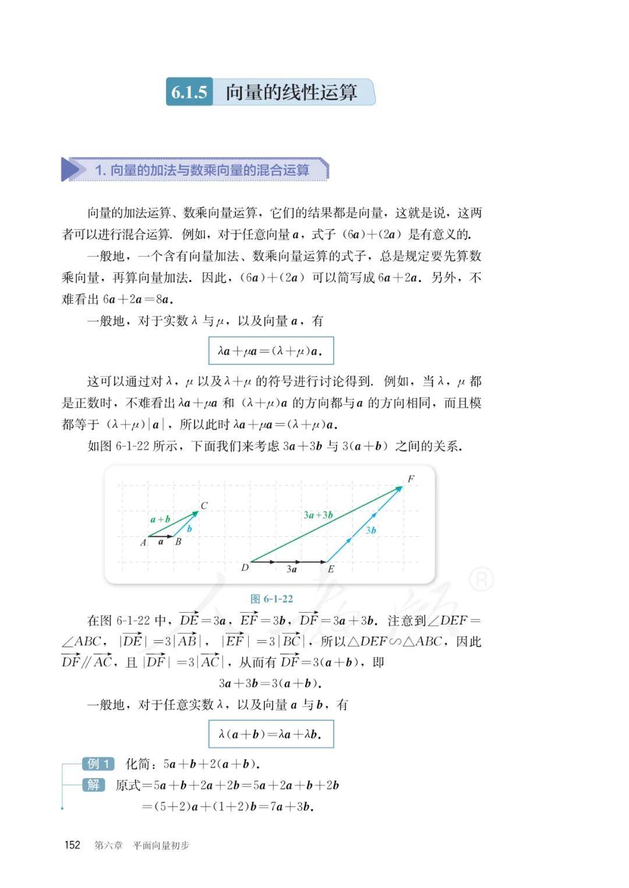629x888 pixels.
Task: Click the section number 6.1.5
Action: coord(189,92)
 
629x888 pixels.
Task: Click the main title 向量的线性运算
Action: coord(291,92)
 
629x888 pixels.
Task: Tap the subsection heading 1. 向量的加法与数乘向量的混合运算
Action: coord(202,170)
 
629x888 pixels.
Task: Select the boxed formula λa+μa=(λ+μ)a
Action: coord(271,351)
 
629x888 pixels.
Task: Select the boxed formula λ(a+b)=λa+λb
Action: coord(271,734)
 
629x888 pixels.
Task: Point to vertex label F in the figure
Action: coord(411,479)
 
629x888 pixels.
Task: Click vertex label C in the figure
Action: coord(204,506)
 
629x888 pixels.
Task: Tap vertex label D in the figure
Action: coord(245,567)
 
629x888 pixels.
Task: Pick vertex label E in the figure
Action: coord(331,569)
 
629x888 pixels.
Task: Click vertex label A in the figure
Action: coord(143,542)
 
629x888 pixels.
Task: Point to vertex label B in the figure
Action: coord(178,542)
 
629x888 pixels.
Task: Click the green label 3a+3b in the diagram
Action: coord(318,515)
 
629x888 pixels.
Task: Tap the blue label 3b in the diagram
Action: coord(371,530)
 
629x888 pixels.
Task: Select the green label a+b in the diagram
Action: coord(160,519)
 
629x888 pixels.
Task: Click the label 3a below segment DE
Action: coord(292,569)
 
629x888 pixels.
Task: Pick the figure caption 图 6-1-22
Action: coord(271,599)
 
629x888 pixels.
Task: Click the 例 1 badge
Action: coord(98,763)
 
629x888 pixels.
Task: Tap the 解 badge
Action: coord(94,785)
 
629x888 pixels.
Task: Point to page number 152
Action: coord(72,845)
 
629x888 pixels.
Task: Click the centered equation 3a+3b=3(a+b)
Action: coord(271,683)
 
